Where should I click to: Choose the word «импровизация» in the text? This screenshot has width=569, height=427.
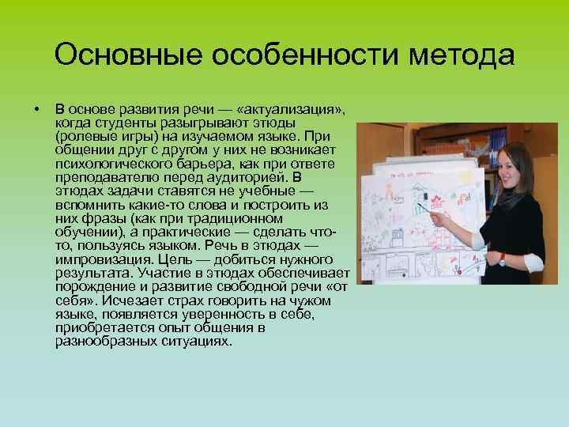tap(96, 259)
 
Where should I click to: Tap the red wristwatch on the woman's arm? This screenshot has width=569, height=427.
tap(502, 259)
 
